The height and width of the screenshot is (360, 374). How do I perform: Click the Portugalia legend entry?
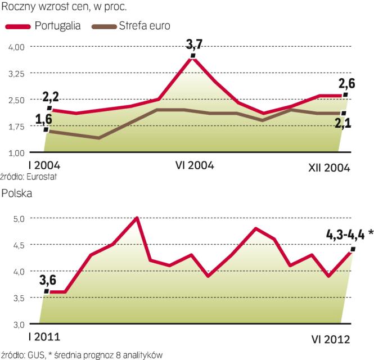[x=57, y=25]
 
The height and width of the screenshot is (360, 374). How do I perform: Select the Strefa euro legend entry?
[x=145, y=25]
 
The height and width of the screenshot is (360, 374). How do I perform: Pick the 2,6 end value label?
[x=346, y=84]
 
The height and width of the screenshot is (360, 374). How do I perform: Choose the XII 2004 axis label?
[x=328, y=167]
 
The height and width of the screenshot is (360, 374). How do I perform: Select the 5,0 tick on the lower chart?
[x=19, y=218]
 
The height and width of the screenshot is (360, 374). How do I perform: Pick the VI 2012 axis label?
[x=331, y=339]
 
